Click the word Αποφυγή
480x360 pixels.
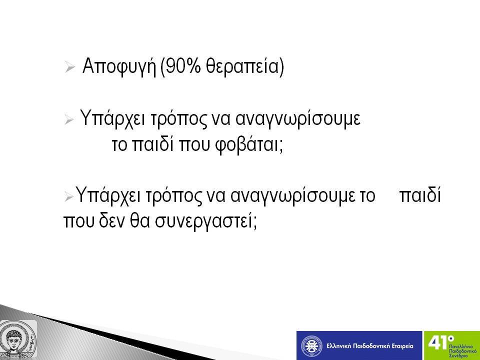119,66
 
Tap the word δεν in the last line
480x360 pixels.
111,220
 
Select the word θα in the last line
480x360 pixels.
139,220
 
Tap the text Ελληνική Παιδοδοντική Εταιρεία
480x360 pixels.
370,346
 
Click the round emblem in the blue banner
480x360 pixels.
311,346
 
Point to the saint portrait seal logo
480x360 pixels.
18,339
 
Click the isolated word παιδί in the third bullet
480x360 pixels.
420,195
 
